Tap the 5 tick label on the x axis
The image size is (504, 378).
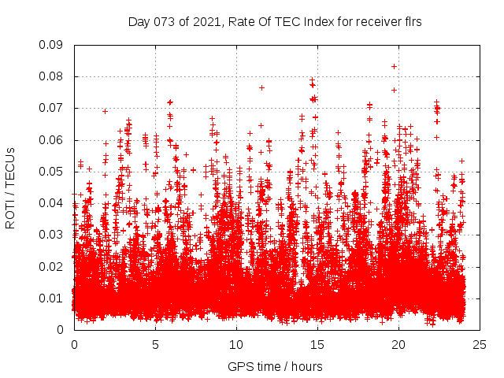tap(155, 345)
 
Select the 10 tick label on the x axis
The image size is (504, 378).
tap(236, 345)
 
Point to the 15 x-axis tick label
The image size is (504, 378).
tap(317, 345)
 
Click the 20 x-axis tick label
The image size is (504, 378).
tap(398, 345)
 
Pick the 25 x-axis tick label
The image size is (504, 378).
tap(480, 345)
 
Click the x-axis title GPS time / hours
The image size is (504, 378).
tap(275, 366)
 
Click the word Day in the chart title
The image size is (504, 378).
tap(139, 22)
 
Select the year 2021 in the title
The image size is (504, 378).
tap(207, 22)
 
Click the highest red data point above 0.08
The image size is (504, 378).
tap(394, 66)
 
